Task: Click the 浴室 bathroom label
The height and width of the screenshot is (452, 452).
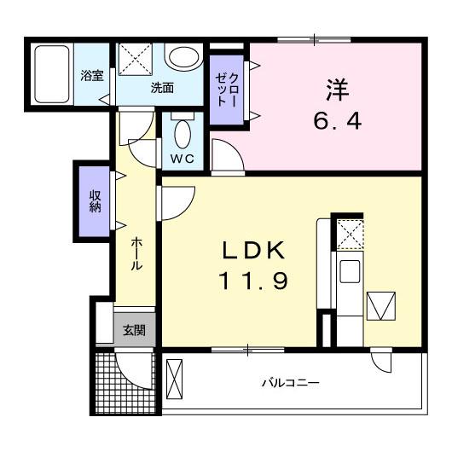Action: pos(91,76)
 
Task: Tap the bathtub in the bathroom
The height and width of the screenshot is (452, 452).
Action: pos(52,74)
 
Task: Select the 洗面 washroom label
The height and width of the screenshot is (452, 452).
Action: pos(162,88)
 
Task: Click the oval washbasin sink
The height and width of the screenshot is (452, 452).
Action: pos(183,57)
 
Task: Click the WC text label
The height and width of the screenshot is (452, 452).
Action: pos(182,159)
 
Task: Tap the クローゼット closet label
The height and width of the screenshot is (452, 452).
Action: pos(227,90)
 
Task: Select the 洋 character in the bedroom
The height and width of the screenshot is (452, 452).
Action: pos(337,90)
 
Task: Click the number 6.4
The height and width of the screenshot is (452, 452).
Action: pos(337,121)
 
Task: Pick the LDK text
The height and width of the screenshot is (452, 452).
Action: pos(253,250)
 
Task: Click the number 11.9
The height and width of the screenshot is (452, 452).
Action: pos(253,281)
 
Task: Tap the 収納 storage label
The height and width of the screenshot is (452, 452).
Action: pos(95,201)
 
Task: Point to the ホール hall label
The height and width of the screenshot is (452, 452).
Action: pos(136,253)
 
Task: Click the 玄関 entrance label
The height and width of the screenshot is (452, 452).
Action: pos(134,330)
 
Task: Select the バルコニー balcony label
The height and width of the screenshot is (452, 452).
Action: pos(291,383)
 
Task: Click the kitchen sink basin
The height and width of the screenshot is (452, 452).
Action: pos(350,271)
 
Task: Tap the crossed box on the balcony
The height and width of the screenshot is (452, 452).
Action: pos(174,379)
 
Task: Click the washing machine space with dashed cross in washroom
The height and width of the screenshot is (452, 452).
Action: pos(135,60)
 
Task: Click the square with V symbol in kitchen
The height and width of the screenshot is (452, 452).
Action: pos(381,306)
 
